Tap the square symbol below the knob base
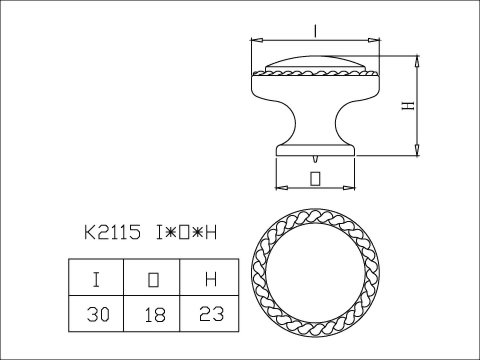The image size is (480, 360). tap(315, 179)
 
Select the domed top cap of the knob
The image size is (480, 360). tap(315, 59)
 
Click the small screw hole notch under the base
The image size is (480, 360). tap(315, 158)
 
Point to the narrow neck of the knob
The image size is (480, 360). tap(315, 125)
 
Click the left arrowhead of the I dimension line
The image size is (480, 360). tap(252, 41)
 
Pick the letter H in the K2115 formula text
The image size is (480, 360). tap(211, 233)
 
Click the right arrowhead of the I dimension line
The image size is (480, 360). tap(379, 41)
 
